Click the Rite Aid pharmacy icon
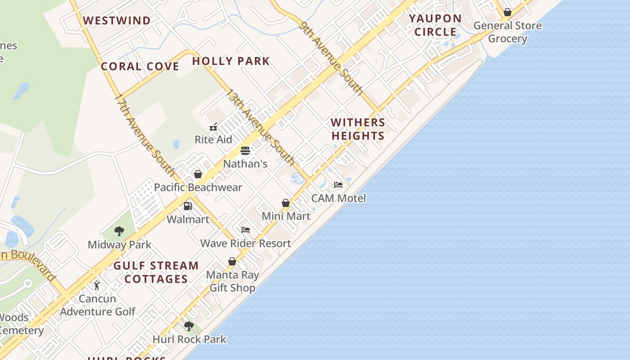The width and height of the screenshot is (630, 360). click(213, 127)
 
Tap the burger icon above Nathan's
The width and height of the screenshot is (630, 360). click(245, 151)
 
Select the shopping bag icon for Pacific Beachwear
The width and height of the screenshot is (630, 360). click(198, 174)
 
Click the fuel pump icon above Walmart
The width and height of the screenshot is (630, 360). click(188, 207)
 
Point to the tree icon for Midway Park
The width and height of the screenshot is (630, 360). click(119, 232)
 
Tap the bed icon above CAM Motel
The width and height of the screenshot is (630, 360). click(338, 185)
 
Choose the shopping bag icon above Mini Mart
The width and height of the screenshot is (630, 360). click(286, 203)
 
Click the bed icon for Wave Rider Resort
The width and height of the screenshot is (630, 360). click(245, 230)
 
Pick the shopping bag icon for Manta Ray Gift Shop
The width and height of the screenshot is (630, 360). click(232, 261)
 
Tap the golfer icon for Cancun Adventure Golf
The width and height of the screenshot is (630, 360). click(97, 285)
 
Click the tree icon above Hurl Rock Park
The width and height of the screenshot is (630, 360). click(189, 326)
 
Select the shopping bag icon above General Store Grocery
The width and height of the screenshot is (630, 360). click(508, 12)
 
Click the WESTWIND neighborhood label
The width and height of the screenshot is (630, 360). click(117, 21)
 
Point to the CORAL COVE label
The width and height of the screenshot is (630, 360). click(140, 67)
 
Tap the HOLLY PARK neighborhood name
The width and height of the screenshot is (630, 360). click(231, 61)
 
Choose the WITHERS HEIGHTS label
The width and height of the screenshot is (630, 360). click(358, 129)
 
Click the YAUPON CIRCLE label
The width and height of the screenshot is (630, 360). click(435, 25)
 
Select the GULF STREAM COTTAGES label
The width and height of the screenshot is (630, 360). click(156, 272)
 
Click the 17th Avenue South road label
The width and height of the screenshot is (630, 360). click(144, 135)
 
